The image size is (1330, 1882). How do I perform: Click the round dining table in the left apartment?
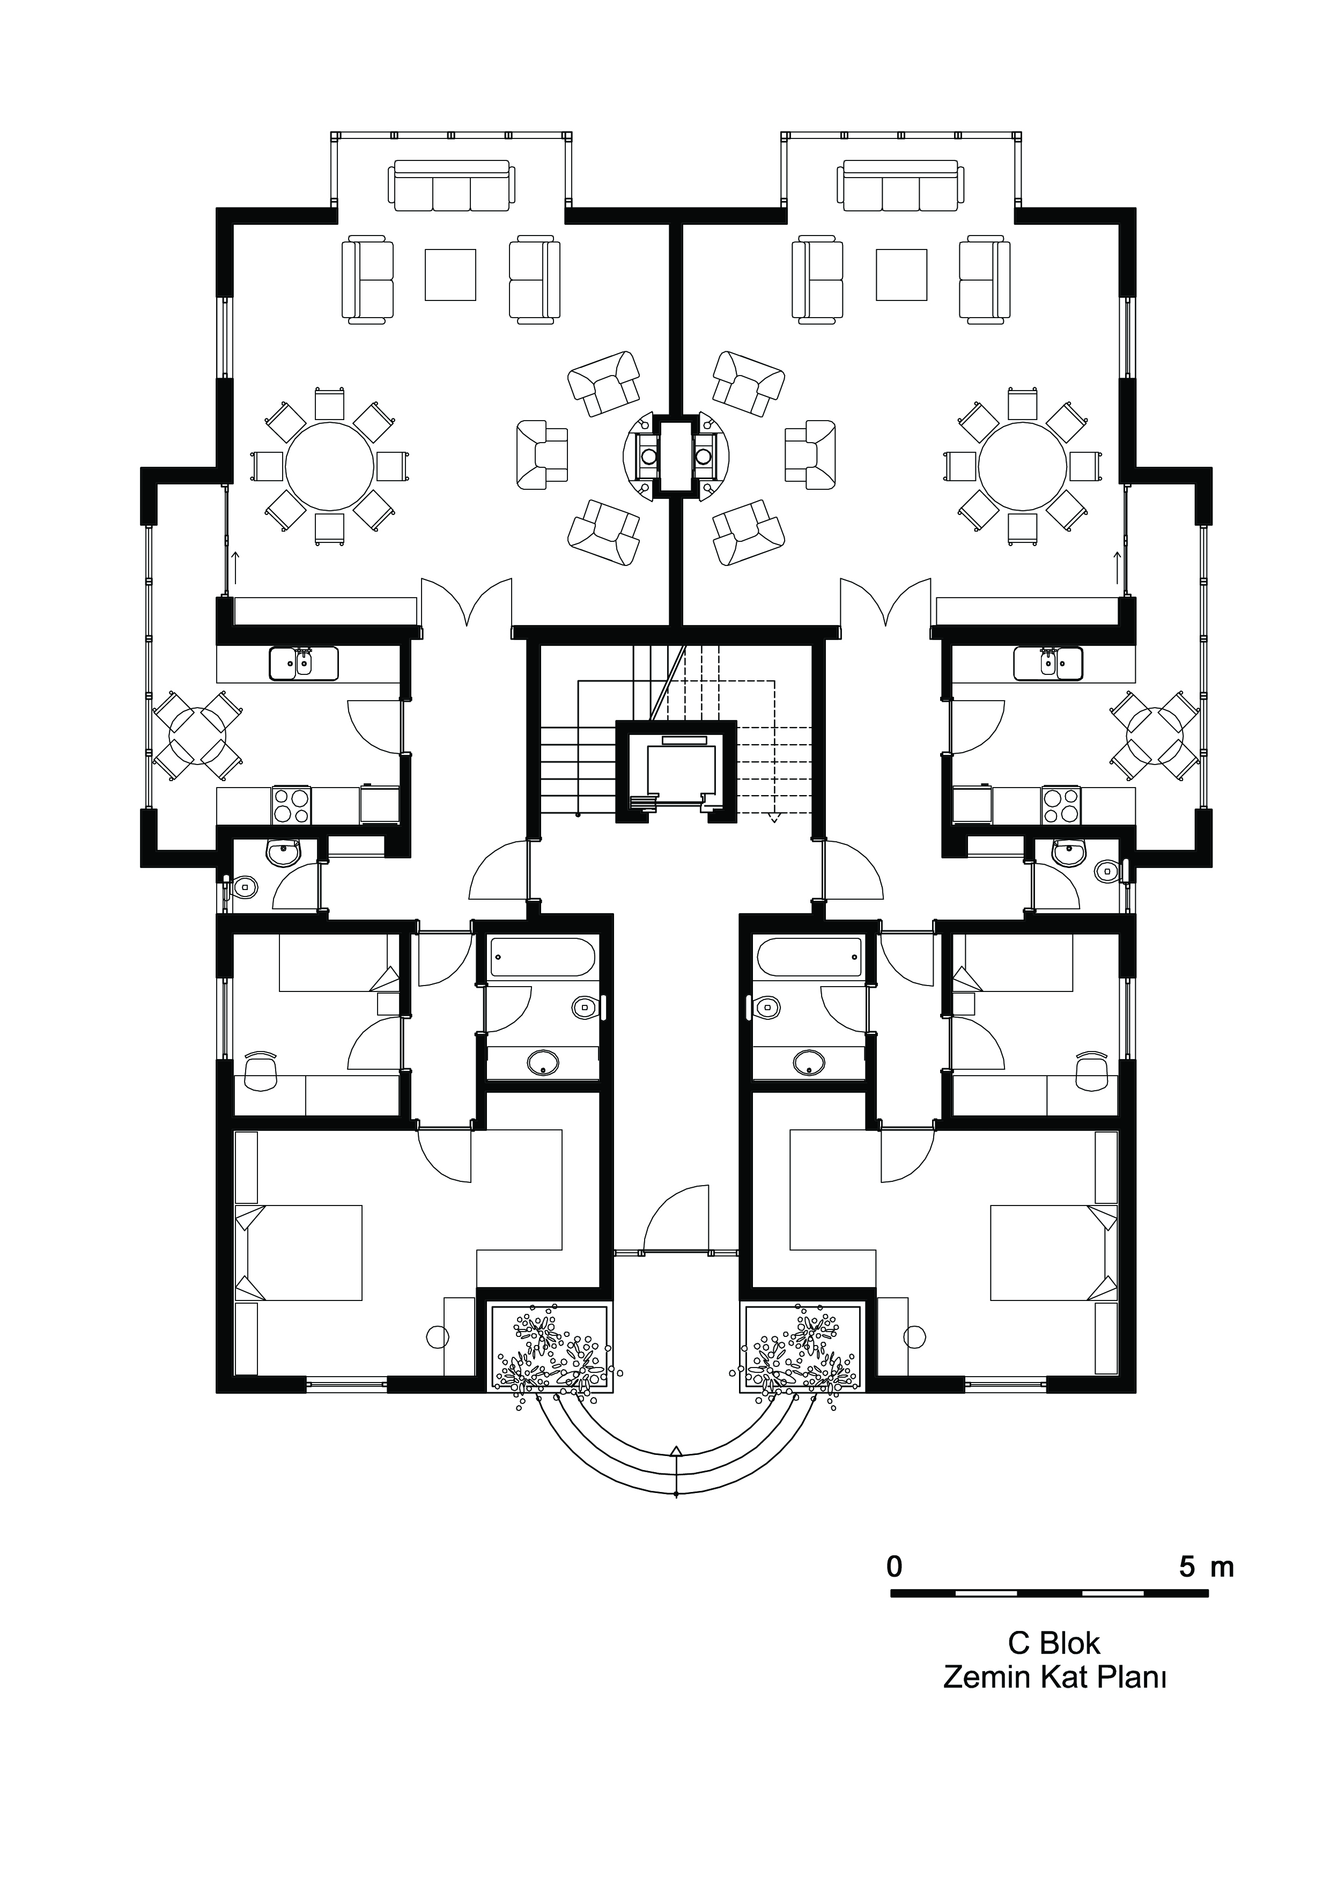(329, 466)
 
